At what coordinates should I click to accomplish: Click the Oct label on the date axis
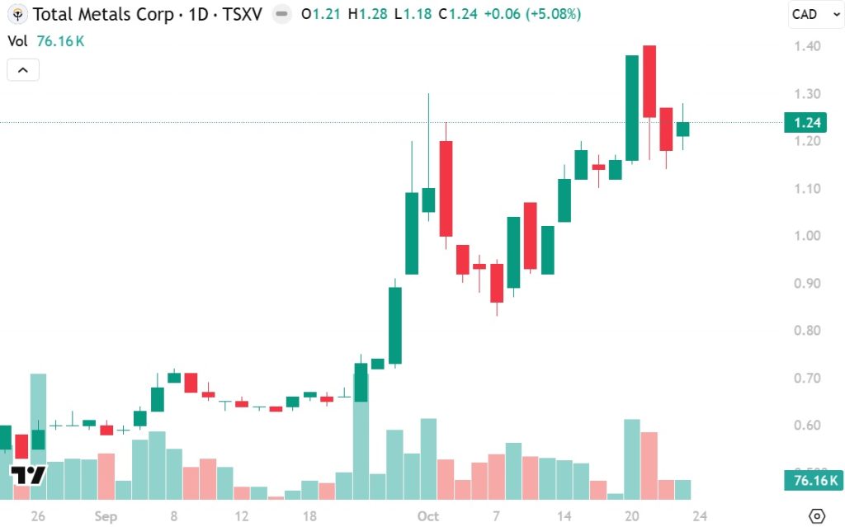click(x=428, y=516)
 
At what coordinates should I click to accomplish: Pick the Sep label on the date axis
click(x=106, y=516)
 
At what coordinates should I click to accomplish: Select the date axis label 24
click(x=700, y=516)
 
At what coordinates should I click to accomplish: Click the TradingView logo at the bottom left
click(x=28, y=474)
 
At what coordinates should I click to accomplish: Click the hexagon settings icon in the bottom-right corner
click(x=817, y=515)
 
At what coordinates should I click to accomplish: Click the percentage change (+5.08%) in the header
click(x=555, y=15)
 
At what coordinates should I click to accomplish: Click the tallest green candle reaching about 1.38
click(x=632, y=107)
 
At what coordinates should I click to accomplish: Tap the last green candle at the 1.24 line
click(x=683, y=129)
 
